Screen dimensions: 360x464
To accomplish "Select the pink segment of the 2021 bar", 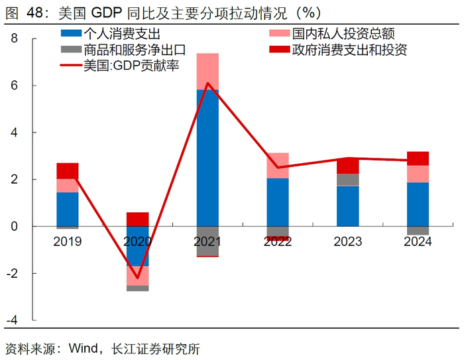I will tap(207, 71).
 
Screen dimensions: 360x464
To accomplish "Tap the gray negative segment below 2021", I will tap(207, 241).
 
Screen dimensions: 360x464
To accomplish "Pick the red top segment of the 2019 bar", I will tap(68, 171).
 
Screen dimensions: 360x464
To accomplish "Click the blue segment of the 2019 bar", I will tap(68, 209).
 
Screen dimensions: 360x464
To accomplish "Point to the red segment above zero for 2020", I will tap(137, 219).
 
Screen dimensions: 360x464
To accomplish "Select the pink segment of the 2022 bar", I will tap(278, 165).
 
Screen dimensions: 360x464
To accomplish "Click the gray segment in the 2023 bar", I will tap(347, 180).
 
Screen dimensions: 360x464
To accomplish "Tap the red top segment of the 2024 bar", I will tap(418, 158).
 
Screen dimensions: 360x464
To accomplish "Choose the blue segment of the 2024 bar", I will tap(418, 204).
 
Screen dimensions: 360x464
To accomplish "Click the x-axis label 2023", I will tap(347, 243).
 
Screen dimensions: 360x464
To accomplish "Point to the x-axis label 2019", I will tap(68, 243).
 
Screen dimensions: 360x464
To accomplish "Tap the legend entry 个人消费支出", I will tap(122, 33).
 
